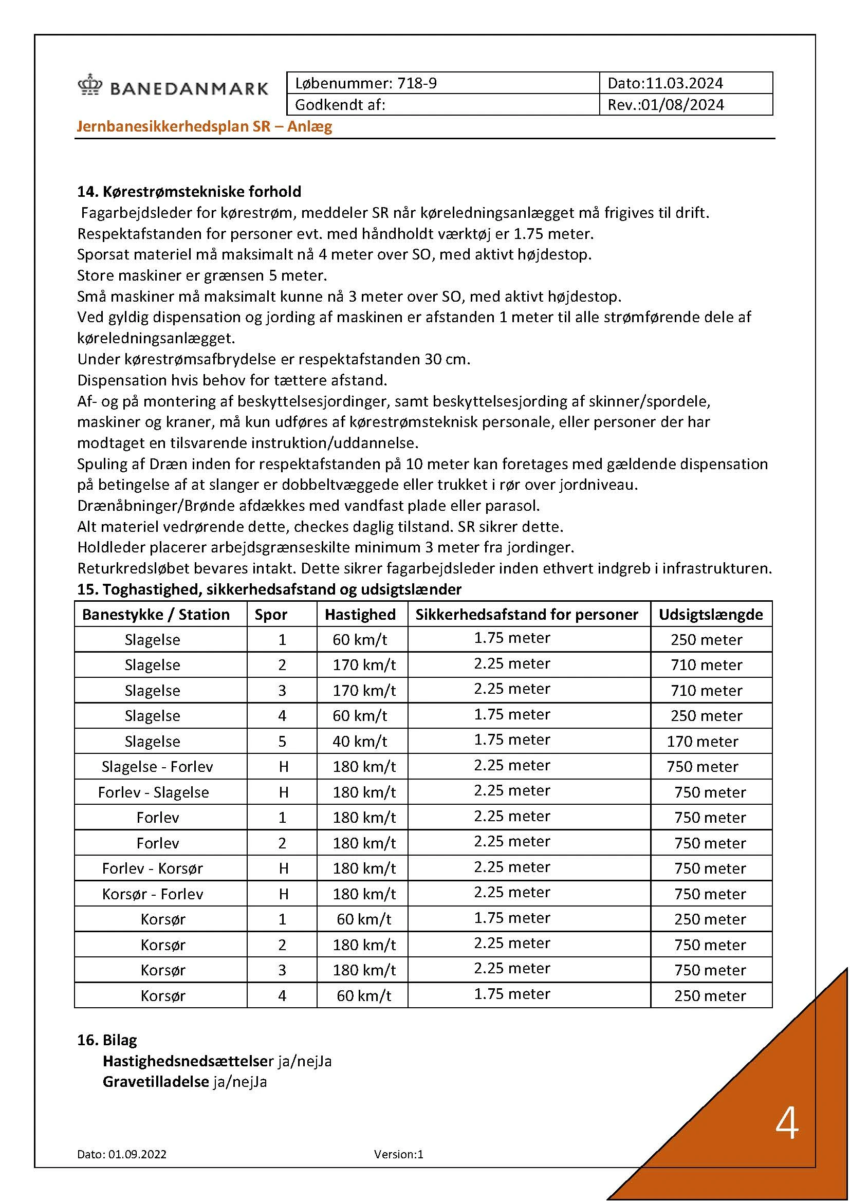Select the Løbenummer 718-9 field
366,83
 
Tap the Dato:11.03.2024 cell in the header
664,83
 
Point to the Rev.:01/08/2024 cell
665,105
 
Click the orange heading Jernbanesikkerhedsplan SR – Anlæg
205,126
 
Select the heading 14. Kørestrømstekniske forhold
189,192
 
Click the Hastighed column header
360,614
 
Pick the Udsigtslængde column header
710,614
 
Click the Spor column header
271,614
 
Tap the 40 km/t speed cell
360,742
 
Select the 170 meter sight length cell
703,742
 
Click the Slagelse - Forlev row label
157,766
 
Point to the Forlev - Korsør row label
152,868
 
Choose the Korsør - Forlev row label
152,894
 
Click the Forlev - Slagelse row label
153,792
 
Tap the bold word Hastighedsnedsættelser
188,1061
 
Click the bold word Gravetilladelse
155,1082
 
